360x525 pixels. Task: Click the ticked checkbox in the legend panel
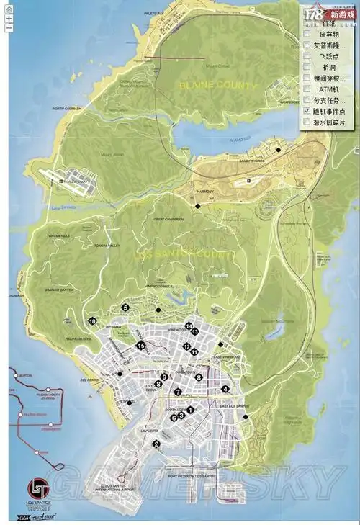307,112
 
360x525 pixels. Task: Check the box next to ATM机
307,89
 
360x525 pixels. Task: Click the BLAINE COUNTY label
217,86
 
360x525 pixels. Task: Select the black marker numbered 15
141,346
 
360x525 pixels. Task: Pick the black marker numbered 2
156,444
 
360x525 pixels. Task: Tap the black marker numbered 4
226,389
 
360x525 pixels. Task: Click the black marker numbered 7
177,392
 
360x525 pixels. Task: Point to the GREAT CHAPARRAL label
170,219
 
